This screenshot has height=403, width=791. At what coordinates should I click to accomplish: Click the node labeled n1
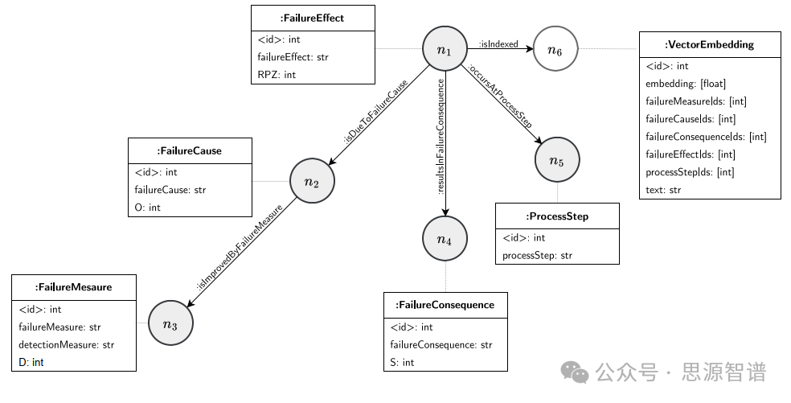(445, 49)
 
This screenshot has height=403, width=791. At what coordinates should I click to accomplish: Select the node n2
(312, 181)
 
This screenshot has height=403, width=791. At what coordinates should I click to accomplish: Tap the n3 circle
(170, 323)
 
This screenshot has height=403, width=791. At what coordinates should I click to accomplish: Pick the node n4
(445, 239)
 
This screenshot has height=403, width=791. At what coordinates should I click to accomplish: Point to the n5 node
(557, 159)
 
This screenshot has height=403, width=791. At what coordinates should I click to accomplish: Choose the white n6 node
(555, 49)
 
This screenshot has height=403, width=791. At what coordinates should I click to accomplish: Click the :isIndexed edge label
(498, 44)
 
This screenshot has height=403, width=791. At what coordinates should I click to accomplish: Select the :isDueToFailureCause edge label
(376, 112)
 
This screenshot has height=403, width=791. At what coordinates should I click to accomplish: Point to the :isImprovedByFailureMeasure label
(240, 247)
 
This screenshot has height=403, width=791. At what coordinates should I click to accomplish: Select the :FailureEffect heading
(313, 19)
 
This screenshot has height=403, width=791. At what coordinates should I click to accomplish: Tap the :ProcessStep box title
(557, 216)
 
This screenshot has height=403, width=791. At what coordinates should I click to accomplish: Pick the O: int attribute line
(147, 208)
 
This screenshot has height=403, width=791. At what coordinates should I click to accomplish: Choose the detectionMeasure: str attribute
(66, 345)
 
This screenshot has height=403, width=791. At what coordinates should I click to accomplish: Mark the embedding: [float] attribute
(686, 84)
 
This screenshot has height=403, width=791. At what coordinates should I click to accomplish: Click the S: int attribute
(402, 363)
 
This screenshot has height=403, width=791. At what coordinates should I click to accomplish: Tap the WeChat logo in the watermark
(575, 372)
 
